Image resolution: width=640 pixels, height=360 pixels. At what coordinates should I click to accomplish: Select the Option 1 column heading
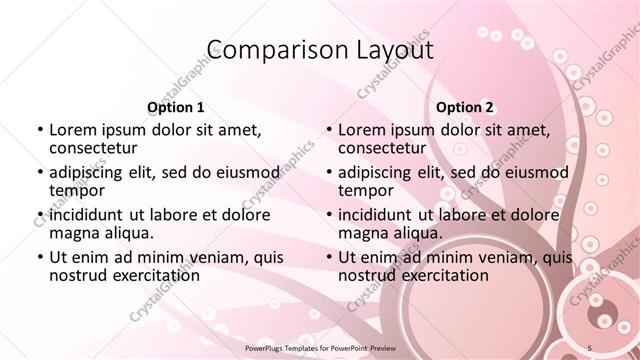[x=175, y=107]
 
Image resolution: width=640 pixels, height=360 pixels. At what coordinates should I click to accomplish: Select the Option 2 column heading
[x=464, y=107]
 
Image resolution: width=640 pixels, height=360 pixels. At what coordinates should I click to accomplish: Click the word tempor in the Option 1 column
[x=77, y=190]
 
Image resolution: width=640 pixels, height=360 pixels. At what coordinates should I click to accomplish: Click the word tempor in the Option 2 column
[x=366, y=190]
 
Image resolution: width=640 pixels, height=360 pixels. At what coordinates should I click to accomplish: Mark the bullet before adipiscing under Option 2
[x=327, y=172]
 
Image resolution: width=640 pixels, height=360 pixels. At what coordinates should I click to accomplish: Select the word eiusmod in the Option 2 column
[x=539, y=172]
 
